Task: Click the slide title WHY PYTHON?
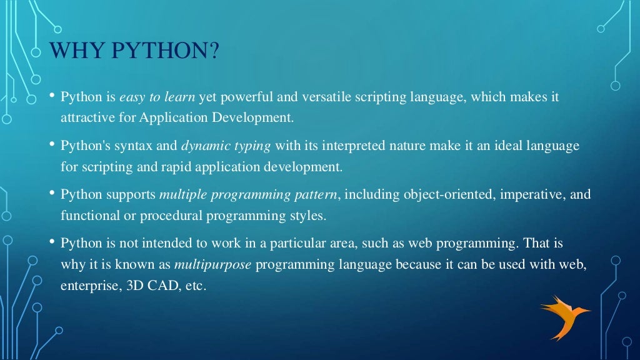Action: click(x=134, y=51)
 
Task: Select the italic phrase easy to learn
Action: click(x=157, y=97)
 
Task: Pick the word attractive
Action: click(x=85, y=117)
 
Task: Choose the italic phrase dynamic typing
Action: click(x=226, y=146)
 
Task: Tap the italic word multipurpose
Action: click(x=212, y=264)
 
